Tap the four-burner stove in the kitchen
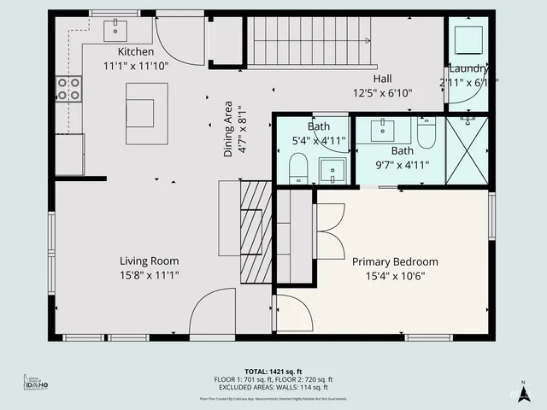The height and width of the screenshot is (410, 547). tap(69, 89)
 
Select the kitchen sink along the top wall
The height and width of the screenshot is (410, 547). tap(116, 31)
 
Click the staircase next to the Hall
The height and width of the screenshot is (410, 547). tap(311, 42)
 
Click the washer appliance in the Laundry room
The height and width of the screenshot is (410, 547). tap(467, 38)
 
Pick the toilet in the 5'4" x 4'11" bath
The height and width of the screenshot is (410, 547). tap(298, 167)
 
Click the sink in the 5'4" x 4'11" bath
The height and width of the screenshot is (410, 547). tap(332, 171)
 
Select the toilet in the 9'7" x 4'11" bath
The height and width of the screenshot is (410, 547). tap(426, 132)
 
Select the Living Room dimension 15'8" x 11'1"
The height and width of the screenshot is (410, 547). tap(149, 275)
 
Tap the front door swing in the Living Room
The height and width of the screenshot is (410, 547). tap(211, 314)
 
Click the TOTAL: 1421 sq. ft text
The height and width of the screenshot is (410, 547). tap(273, 372)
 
